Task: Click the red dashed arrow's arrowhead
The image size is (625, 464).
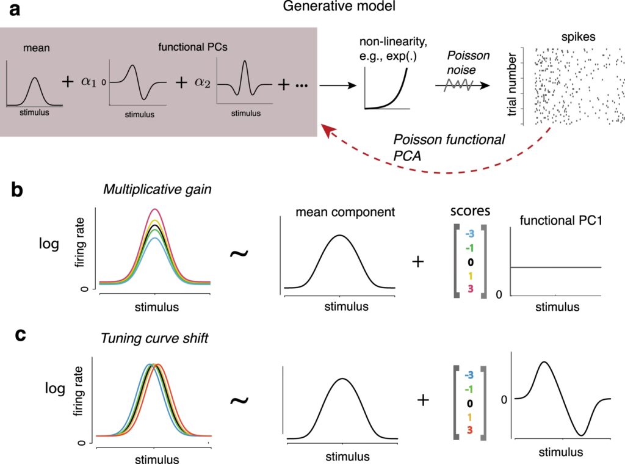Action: (x=330, y=129)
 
